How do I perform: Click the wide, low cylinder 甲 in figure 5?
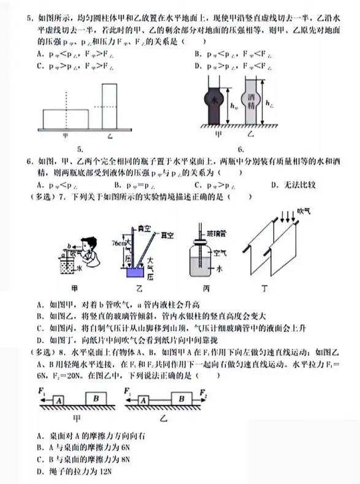65,118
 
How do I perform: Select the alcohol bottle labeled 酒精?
251,101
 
